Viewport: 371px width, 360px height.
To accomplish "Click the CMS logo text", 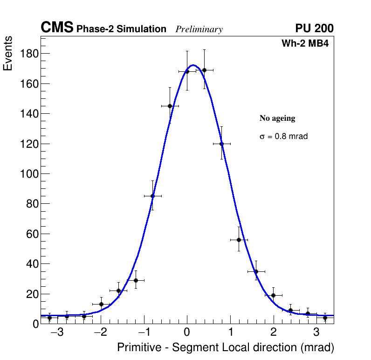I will coord(57,28).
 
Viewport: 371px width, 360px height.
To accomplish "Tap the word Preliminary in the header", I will coord(199,29).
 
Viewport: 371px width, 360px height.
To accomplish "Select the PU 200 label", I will coord(314,28).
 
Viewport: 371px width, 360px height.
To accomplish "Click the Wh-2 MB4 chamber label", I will coord(307,44).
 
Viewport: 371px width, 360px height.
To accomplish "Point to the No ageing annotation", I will coord(277,118).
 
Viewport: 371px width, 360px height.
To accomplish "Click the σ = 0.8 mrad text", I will coord(283,137).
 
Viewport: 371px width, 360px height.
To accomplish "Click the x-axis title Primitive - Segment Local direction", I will coord(226,347).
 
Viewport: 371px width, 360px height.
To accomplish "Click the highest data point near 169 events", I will coord(204,70).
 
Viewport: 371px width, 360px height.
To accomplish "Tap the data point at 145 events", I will coord(170,106).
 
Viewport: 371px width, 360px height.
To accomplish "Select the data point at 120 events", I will coord(221,144).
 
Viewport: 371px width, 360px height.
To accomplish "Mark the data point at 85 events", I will coord(152,196).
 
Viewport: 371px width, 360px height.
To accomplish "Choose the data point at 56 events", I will coord(239,240).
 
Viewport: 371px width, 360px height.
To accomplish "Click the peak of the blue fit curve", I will coord(193,65).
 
